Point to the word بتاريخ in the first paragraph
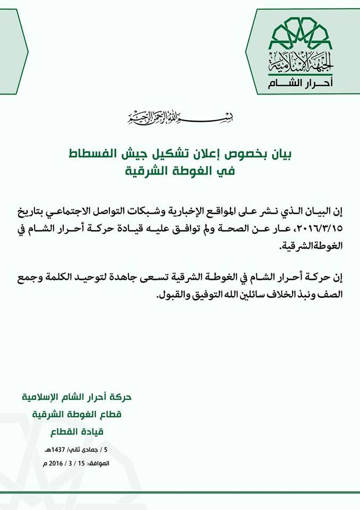coord(40,211)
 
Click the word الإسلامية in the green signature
coord(45,397)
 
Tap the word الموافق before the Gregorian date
coord(97,464)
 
